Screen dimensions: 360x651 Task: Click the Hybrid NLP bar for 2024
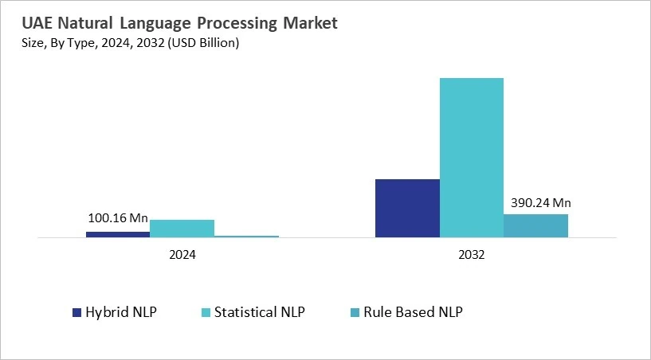[x=118, y=234]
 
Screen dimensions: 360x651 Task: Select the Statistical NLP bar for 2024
[x=182, y=229]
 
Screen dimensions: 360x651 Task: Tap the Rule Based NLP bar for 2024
[x=246, y=236]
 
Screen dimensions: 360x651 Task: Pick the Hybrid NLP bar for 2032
[x=407, y=208]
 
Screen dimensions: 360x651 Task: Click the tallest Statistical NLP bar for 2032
[x=472, y=158]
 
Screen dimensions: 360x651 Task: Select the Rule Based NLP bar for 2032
[x=535, y=225]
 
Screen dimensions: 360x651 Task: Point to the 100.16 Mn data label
[x=117, y=217]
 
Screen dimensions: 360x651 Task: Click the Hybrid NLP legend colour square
[x=77, y=312]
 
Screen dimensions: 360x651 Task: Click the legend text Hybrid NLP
[x=121, y=312]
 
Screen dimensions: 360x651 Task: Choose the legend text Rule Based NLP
[x=413, y=312]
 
